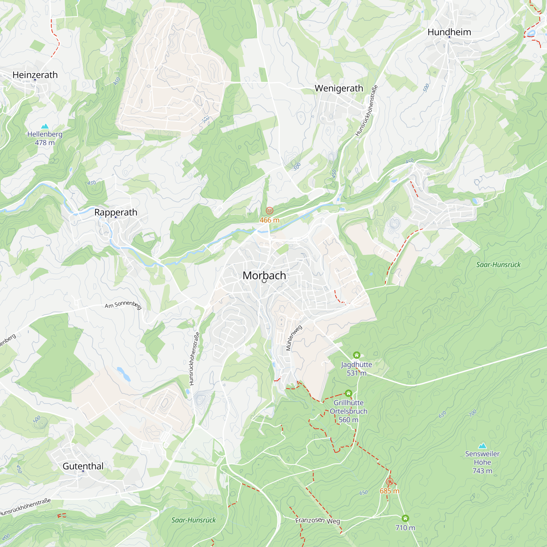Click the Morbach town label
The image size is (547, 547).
pyautogui.click(x=264, y=275)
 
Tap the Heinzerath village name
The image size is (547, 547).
pyautogui.click(x=35, y=75)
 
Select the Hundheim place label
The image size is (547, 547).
pyautogui.click(x=449, y=32)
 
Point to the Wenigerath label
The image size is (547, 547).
pyautogui.click(x=339, y=88)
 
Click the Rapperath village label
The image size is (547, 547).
pyautogui.click(x=115, y=212)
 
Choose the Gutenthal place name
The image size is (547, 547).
pyautogui.click(x=83, y=466)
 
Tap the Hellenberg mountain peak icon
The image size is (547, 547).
pyautogui.click(x=45, y=126)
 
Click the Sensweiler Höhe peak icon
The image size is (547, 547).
pyautogui.click(x=482, y=446)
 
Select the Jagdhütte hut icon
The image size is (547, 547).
pyautogui.click(x=356, y=355)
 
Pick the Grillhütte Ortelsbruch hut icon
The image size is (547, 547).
pyautogui.click(x=348, y=393)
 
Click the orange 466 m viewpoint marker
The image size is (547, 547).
pyautogui.click(x=269, y=211)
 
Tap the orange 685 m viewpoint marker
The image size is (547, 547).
pyautogui.click(x=389, y=482)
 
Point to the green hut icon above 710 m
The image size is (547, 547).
pyautogui.click(x=405, y=518)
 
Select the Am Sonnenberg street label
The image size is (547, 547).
pyautogui.click(x=123, y=305)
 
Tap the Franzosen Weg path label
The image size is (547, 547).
pyautogui.click(x=317, y=520)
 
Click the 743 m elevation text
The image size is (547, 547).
pyautogui.click(x=482, y=471)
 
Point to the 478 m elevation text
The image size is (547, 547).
pyautogui.click(x=45, y=143)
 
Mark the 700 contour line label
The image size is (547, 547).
pyautogui.click(x=473, y=413)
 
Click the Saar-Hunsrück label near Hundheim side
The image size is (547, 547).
pyautogui.click(x=498, y=264)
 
